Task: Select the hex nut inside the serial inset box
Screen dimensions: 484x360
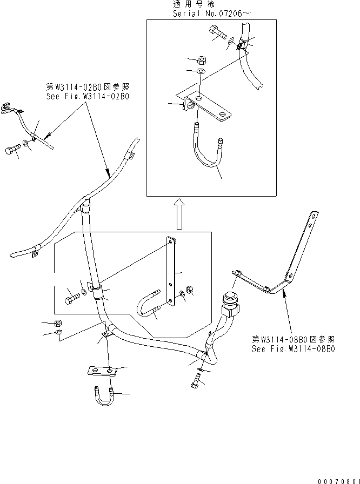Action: click(200, 60)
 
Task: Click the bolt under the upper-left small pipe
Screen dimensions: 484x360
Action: click(14, 150)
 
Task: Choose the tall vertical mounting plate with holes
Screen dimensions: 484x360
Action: click(171, 273)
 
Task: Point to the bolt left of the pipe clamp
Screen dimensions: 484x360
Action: click(72, 297)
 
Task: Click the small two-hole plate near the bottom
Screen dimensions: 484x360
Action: click(102, 372)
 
